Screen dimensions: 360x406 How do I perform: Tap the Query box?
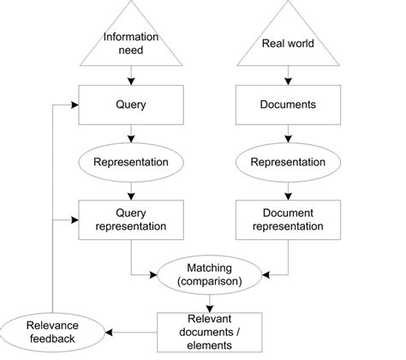(x=130, y=105)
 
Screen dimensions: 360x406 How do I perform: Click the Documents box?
(x=287, y=105)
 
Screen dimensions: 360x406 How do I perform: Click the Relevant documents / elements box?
(x=208, y=331)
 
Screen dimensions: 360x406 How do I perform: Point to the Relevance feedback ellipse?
(x=51, y=331)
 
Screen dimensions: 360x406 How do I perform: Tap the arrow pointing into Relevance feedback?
(x=128, y=331)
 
